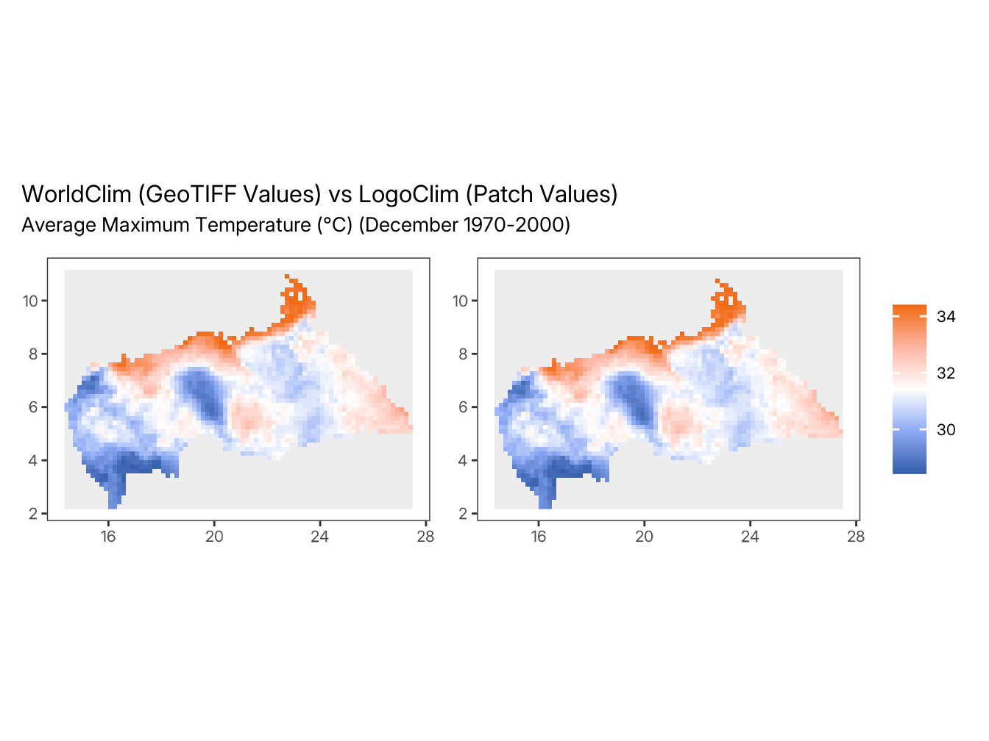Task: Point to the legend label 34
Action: point(946,317)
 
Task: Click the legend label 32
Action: point(946,373)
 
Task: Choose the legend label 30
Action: point(946,430)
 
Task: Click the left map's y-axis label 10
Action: point(30,301)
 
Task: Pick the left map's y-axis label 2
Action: point(33,514)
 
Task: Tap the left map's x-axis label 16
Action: point(108,537)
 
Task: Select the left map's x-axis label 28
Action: point(425,537)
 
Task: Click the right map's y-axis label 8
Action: point(464,354)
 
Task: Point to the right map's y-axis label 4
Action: point(464,461)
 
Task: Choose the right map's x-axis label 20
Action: point(644,537)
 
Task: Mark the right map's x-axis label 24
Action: point(750,537)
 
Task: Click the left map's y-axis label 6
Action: point(33,407)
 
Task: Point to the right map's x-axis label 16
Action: point(539,537)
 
